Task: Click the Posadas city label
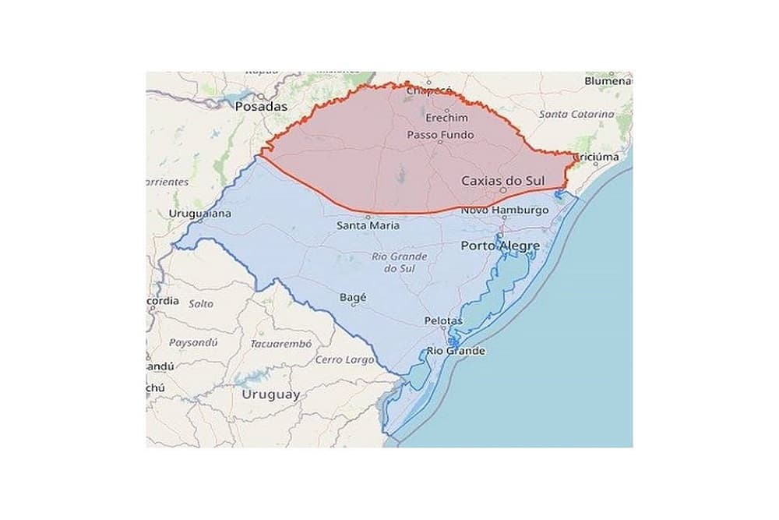261,106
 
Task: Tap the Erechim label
447,118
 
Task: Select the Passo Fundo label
440,135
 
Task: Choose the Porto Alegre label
500,246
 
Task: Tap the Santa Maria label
368,226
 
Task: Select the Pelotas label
443,320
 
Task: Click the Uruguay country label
271,394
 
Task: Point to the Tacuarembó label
281,343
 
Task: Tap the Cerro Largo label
344,360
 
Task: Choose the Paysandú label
194,342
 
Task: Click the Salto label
201,304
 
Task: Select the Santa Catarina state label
576,114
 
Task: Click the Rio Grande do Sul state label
399,262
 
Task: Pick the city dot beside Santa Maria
368,218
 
